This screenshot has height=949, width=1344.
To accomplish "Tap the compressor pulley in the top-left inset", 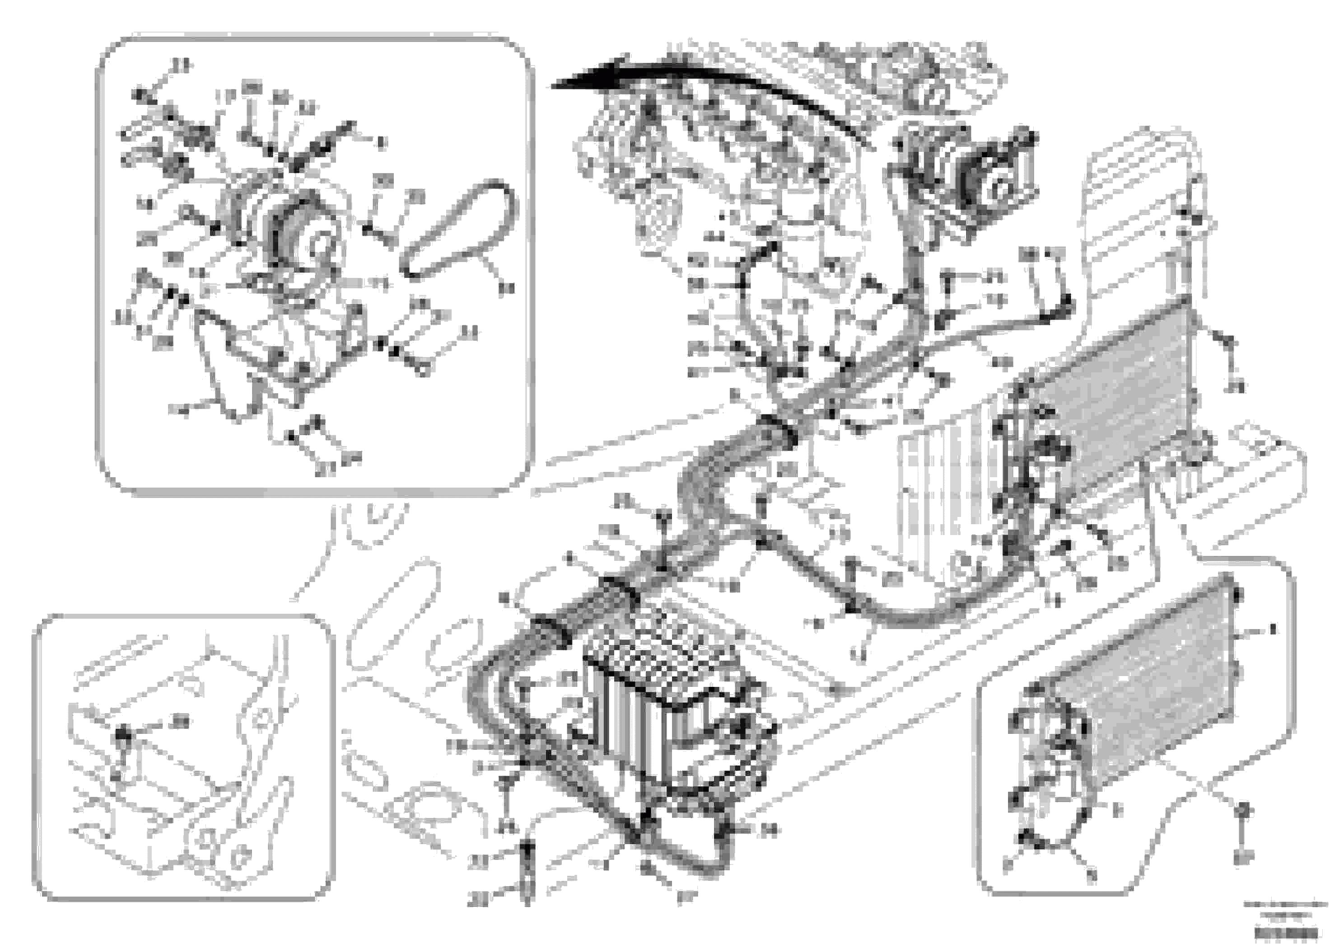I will pyautogui.click(x=302, y=237).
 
